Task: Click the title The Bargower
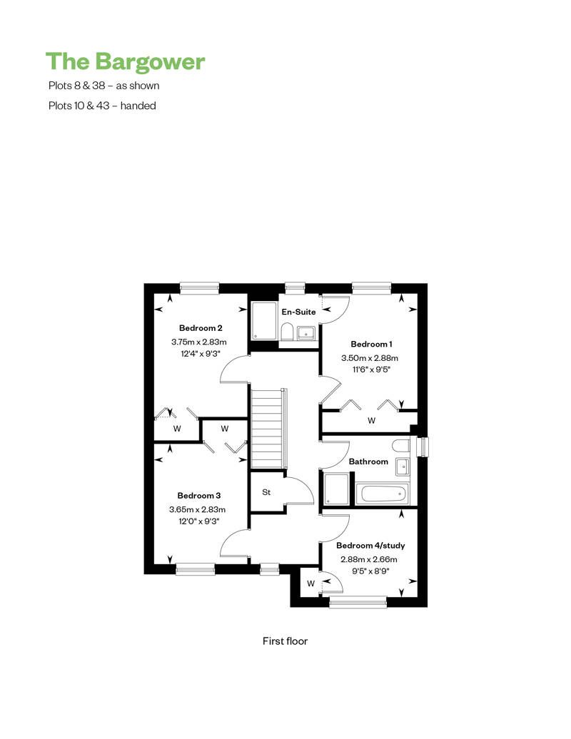(125, 62)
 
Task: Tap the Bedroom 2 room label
(201, 328)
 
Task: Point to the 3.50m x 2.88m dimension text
(369, 357)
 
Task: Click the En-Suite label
(298, 312)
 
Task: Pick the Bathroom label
(368, 462)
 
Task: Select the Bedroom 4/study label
(370, 546)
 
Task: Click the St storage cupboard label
(266, 492)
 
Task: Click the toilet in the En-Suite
(285, 332)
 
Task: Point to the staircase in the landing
(267, 428)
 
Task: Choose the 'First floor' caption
(285, 641)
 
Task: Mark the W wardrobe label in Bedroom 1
(371, 421)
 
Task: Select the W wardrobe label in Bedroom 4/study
(310, 583)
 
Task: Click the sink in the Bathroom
(401, 467)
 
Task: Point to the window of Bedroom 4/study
(358, 603)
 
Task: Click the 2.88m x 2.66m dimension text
(368, 559)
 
